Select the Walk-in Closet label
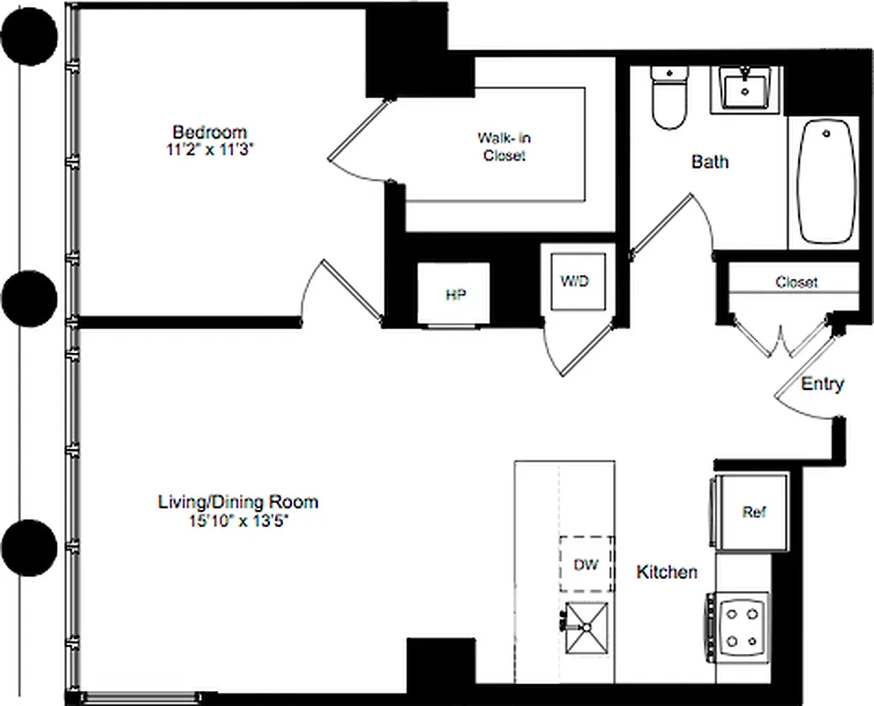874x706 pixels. [x=504, y=146]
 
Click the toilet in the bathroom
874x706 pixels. [x=668, y=94]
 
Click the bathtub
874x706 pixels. [x=826, y=182]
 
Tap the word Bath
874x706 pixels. [x=710, y=162]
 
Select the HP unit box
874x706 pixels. [x=454, y=295]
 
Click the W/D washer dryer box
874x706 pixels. [x=574, y=282]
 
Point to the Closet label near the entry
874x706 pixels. [x=796, y=282]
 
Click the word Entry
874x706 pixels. [x=822, y=384]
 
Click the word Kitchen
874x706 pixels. [x=667, y=572]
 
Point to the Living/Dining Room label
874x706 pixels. [x=237, y=502]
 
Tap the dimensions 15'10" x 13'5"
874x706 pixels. [x=237, y=520]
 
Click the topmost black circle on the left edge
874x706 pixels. [x=29, y=36]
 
